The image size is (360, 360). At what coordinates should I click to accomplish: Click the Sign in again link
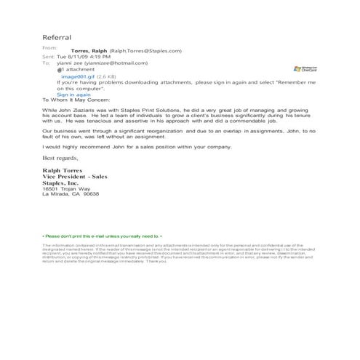point(73,94)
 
